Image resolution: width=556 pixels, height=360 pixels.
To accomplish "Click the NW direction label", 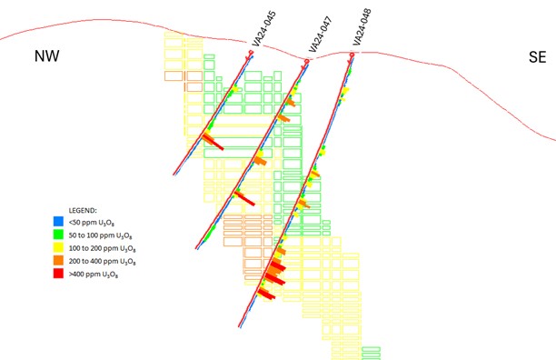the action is point(46,56).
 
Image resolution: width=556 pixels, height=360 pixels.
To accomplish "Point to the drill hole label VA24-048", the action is point(362,28).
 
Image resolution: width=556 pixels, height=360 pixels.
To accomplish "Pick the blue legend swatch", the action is point(57,221).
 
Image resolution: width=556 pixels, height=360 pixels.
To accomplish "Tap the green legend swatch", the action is point(57,234).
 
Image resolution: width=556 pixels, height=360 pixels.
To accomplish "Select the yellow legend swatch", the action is point(57,246).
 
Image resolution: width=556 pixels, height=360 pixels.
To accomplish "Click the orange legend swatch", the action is point(57,260).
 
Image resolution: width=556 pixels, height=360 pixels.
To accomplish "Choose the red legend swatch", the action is point(57,273).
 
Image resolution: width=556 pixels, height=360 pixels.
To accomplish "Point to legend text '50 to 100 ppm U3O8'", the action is point(101,234).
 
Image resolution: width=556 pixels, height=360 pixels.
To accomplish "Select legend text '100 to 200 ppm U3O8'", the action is point(103,247).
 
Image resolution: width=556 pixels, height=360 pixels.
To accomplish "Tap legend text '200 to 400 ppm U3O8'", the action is point(103,260).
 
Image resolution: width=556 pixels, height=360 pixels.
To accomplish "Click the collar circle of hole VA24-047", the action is point(307,61).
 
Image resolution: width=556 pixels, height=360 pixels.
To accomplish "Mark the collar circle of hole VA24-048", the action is point(351,55).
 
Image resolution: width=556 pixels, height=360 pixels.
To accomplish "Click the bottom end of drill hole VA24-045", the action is point(174,175).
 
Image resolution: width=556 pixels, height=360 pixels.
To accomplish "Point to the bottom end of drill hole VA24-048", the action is point(239,326).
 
